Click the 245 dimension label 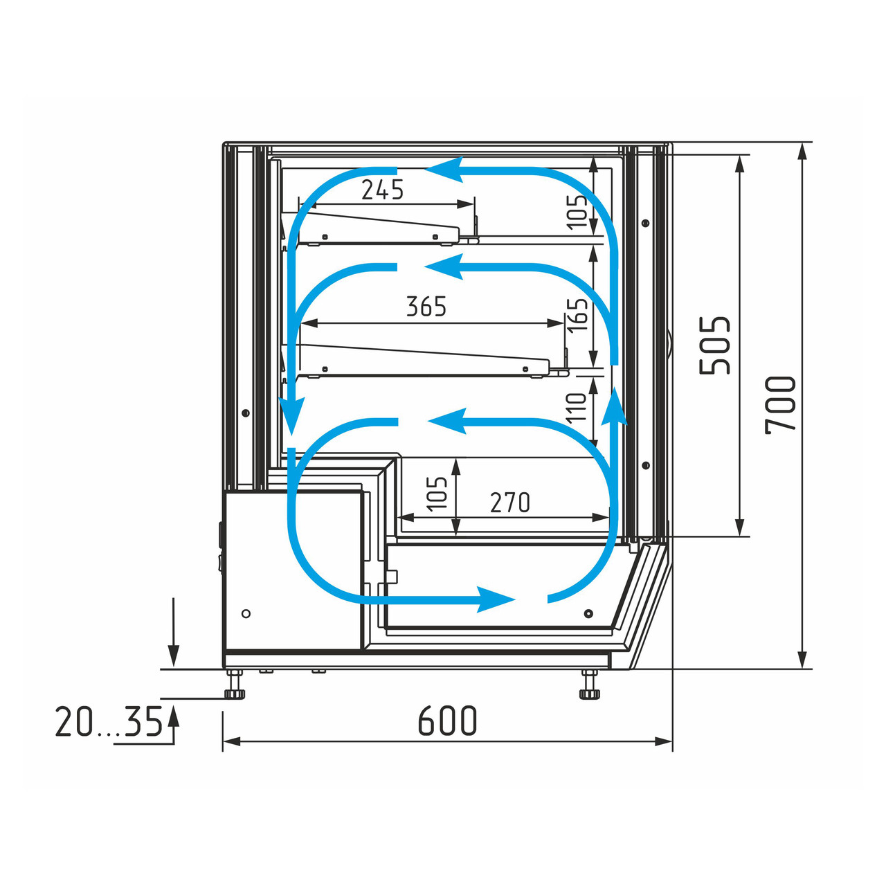click(x=382, y=190)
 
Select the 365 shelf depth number click(x=426, y=306)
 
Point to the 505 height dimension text click(x=714, y=345)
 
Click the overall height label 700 click(x=780, y=405)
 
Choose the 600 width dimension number click(x=447, y=721)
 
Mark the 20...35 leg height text click(x=109, y=721)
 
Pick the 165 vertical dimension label click(x=577, y=314)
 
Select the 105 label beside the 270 click(x=436, y=494)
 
